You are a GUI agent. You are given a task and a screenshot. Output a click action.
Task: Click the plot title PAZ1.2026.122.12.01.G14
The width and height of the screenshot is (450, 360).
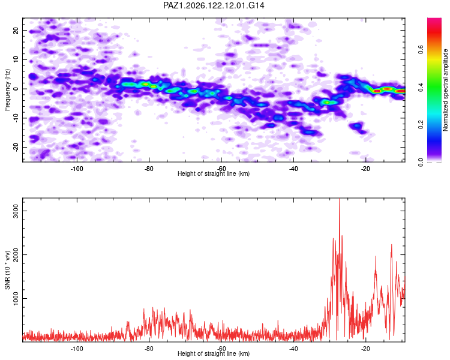pyautogui.click(x=214, y=5)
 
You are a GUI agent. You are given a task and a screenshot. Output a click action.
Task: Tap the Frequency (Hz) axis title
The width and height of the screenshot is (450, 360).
pyautogui.click(x=7, y=90)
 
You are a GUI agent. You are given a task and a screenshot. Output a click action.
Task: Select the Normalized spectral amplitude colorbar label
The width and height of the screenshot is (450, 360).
pyautogui.click(x=445, y=90)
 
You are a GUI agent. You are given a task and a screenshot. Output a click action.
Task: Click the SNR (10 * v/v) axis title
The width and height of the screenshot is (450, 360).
pyautogui.click(x=7, y=270)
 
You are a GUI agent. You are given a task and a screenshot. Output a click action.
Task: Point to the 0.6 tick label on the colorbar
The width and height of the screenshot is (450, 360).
pyautogui.click(x=421, y=49)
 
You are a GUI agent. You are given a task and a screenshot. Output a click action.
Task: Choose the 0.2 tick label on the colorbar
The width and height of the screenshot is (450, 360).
pyautogui.click(x=421, y=124)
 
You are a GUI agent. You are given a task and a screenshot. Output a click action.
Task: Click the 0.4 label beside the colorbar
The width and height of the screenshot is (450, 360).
pyautogui.click(x=421, y=86)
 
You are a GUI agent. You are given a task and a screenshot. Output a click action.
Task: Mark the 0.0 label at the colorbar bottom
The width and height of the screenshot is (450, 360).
pyautogui.click(x=421, y=162)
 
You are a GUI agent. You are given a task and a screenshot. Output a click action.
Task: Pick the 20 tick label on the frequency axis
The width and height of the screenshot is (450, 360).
pyautogui.click(x=16, y=30)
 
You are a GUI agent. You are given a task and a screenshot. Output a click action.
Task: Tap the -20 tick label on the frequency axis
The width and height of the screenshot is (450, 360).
pyautogui.click(x=16, y=147)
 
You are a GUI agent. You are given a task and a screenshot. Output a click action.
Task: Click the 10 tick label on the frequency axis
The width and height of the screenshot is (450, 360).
pyautogui.click(x=16, y=59)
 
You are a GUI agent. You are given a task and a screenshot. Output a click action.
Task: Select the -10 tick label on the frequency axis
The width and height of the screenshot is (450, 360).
pyautogui.click(x=16, y=118)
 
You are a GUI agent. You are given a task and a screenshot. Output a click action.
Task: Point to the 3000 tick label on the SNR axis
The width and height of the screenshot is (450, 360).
pyautogui.click(x=16, y=211)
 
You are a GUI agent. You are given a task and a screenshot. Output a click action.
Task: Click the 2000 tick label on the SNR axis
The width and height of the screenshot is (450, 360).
pyautogui.click(x=16, y=254)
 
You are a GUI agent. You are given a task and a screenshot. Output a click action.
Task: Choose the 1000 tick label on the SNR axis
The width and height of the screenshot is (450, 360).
pyautogui.click(x=16, y=299)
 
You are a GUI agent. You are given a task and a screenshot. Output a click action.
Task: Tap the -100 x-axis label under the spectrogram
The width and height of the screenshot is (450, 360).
pyautogui.click(x=77, y=169)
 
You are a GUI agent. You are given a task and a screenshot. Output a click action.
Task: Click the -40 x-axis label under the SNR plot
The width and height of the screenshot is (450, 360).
pyautogui.click(x=293, y=349)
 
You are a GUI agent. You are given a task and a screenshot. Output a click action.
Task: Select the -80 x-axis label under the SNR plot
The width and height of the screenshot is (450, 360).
pyautogui.click(x=149, y=349)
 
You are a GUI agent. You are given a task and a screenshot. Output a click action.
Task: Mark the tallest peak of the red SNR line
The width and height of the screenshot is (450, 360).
pyautogui.click(x=340, y=199)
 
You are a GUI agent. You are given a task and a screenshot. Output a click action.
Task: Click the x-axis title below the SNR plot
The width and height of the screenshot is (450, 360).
pyautogui.click(x=214, y=353)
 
